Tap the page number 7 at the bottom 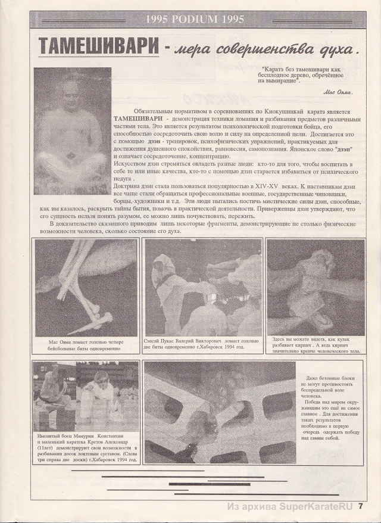tap(361, 508)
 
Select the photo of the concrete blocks tap(218, 412)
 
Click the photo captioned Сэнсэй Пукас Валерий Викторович tap(202, 287)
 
